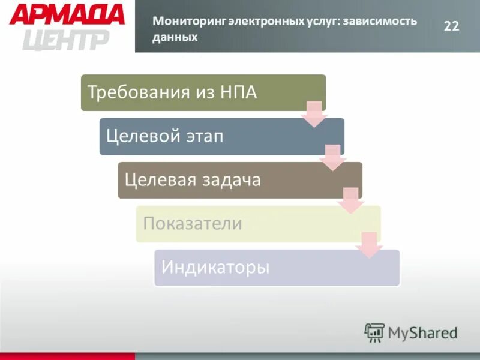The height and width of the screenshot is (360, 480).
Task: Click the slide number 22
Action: coord(451,25)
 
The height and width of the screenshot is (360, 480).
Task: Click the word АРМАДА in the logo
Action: coord(67,14)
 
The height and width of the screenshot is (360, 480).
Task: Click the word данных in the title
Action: coord(175,37)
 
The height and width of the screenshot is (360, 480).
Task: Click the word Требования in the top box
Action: coord(139,92)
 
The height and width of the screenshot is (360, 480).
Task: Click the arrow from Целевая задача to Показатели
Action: coord(351,200)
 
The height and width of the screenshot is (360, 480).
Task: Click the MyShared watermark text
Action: coord(422,332)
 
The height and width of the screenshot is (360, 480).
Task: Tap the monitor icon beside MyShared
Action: coord(374,332)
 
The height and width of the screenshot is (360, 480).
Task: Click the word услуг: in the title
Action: coord(321,22)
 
